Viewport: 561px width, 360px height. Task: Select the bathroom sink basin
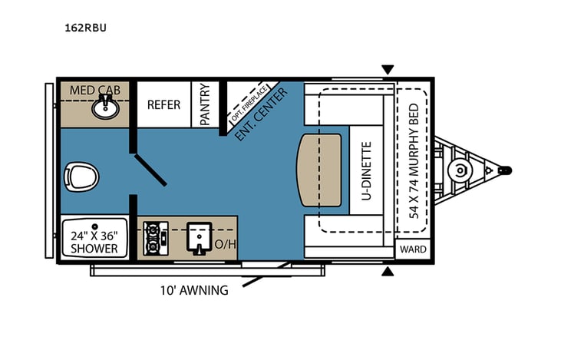[x=104, y=107]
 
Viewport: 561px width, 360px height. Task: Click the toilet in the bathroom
[x=81, y=177]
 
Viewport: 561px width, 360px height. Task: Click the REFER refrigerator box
[x=163, y=104]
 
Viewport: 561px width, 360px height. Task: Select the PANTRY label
[x=205, y=104]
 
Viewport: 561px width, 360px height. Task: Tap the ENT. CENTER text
[x=261, y=114]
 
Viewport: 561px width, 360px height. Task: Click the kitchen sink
[x=198, y=238]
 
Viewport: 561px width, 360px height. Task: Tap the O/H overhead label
[x=226, y=245]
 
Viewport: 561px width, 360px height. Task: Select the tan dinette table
[x=320, y=170]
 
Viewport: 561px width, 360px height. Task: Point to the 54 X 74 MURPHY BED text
[x=414, y=159]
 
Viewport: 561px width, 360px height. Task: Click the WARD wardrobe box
[x=413, y=249]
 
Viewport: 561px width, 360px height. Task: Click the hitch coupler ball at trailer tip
[x=505, y=170]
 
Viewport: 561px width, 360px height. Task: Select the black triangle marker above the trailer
[x=388, y=70]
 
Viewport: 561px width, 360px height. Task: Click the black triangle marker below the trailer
[x=388, y=270]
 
